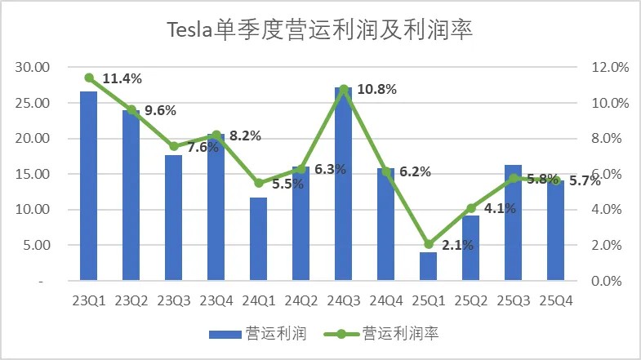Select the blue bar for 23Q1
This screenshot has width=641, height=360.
88,186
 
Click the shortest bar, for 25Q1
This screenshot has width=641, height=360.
428,266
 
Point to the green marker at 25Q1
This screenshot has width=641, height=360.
428,244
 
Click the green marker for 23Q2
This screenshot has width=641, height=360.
131,110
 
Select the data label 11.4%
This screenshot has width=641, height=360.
122,78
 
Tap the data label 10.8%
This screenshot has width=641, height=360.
377,89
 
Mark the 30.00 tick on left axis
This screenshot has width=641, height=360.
33,68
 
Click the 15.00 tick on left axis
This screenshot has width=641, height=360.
33,174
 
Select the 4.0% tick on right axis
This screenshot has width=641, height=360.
608,210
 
